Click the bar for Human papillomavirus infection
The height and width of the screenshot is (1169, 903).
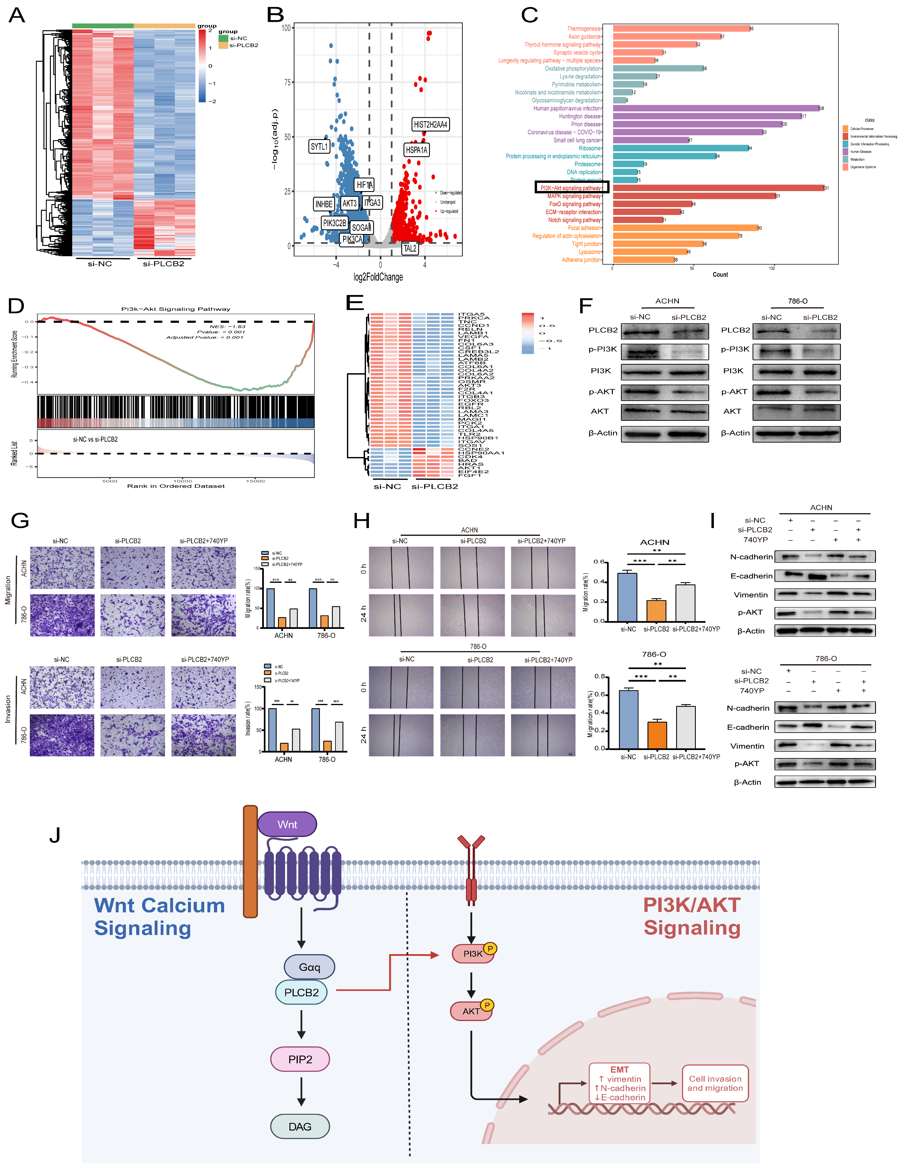pos(716,108)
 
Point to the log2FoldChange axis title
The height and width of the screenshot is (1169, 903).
pos(378,277)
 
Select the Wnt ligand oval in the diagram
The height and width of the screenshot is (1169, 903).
pos(287,824)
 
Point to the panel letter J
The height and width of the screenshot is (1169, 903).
pos(55,835)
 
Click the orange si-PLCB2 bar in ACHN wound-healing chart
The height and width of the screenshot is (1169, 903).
pos(656,610)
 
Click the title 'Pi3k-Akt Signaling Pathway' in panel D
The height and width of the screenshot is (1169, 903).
pos(175,309)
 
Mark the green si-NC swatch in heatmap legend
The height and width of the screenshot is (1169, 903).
pos(223,38)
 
